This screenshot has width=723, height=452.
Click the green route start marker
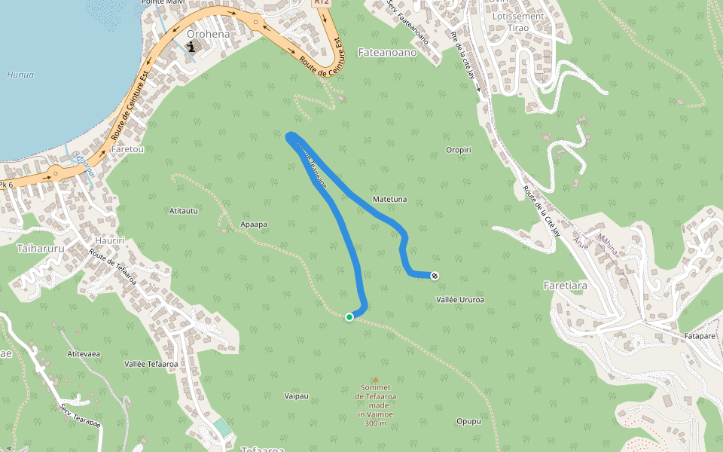coord(349,317)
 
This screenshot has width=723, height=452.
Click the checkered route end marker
coord(435,276)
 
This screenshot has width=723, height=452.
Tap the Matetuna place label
coord(390,200)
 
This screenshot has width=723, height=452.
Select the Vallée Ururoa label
coord(460,300)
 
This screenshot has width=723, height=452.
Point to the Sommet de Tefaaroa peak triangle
coord(375,380)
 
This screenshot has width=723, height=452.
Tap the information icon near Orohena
coord(191,47)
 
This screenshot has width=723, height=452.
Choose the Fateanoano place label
coord(386,53)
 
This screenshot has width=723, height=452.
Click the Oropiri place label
coord(459,150)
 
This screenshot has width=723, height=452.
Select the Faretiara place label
coord(565,286)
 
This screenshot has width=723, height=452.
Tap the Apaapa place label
coord(254,224)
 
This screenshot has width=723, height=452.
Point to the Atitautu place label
coord(184,211)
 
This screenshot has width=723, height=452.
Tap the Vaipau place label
coord(296,395)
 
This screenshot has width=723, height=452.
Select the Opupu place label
coord(468,421)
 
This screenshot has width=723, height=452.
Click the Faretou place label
coord(127,150)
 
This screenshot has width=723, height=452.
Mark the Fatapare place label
coord(698,335)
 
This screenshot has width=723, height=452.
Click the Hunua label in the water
coord(20,75)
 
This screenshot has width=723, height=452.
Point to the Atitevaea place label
coord(84,353)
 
